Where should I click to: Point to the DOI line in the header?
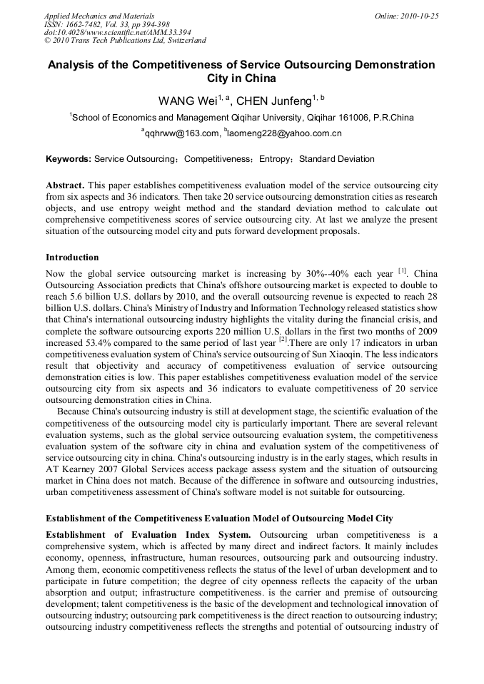(117, 33)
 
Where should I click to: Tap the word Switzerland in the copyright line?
(180, 41)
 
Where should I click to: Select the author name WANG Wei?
(187, 101)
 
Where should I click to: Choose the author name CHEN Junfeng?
(277, 101)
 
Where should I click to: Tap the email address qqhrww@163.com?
(181, 133)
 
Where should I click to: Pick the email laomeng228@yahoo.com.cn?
(285, 133)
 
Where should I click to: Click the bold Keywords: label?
(69, 159)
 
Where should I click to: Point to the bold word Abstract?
(65, 185)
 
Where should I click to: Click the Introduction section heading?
(72, 257)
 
